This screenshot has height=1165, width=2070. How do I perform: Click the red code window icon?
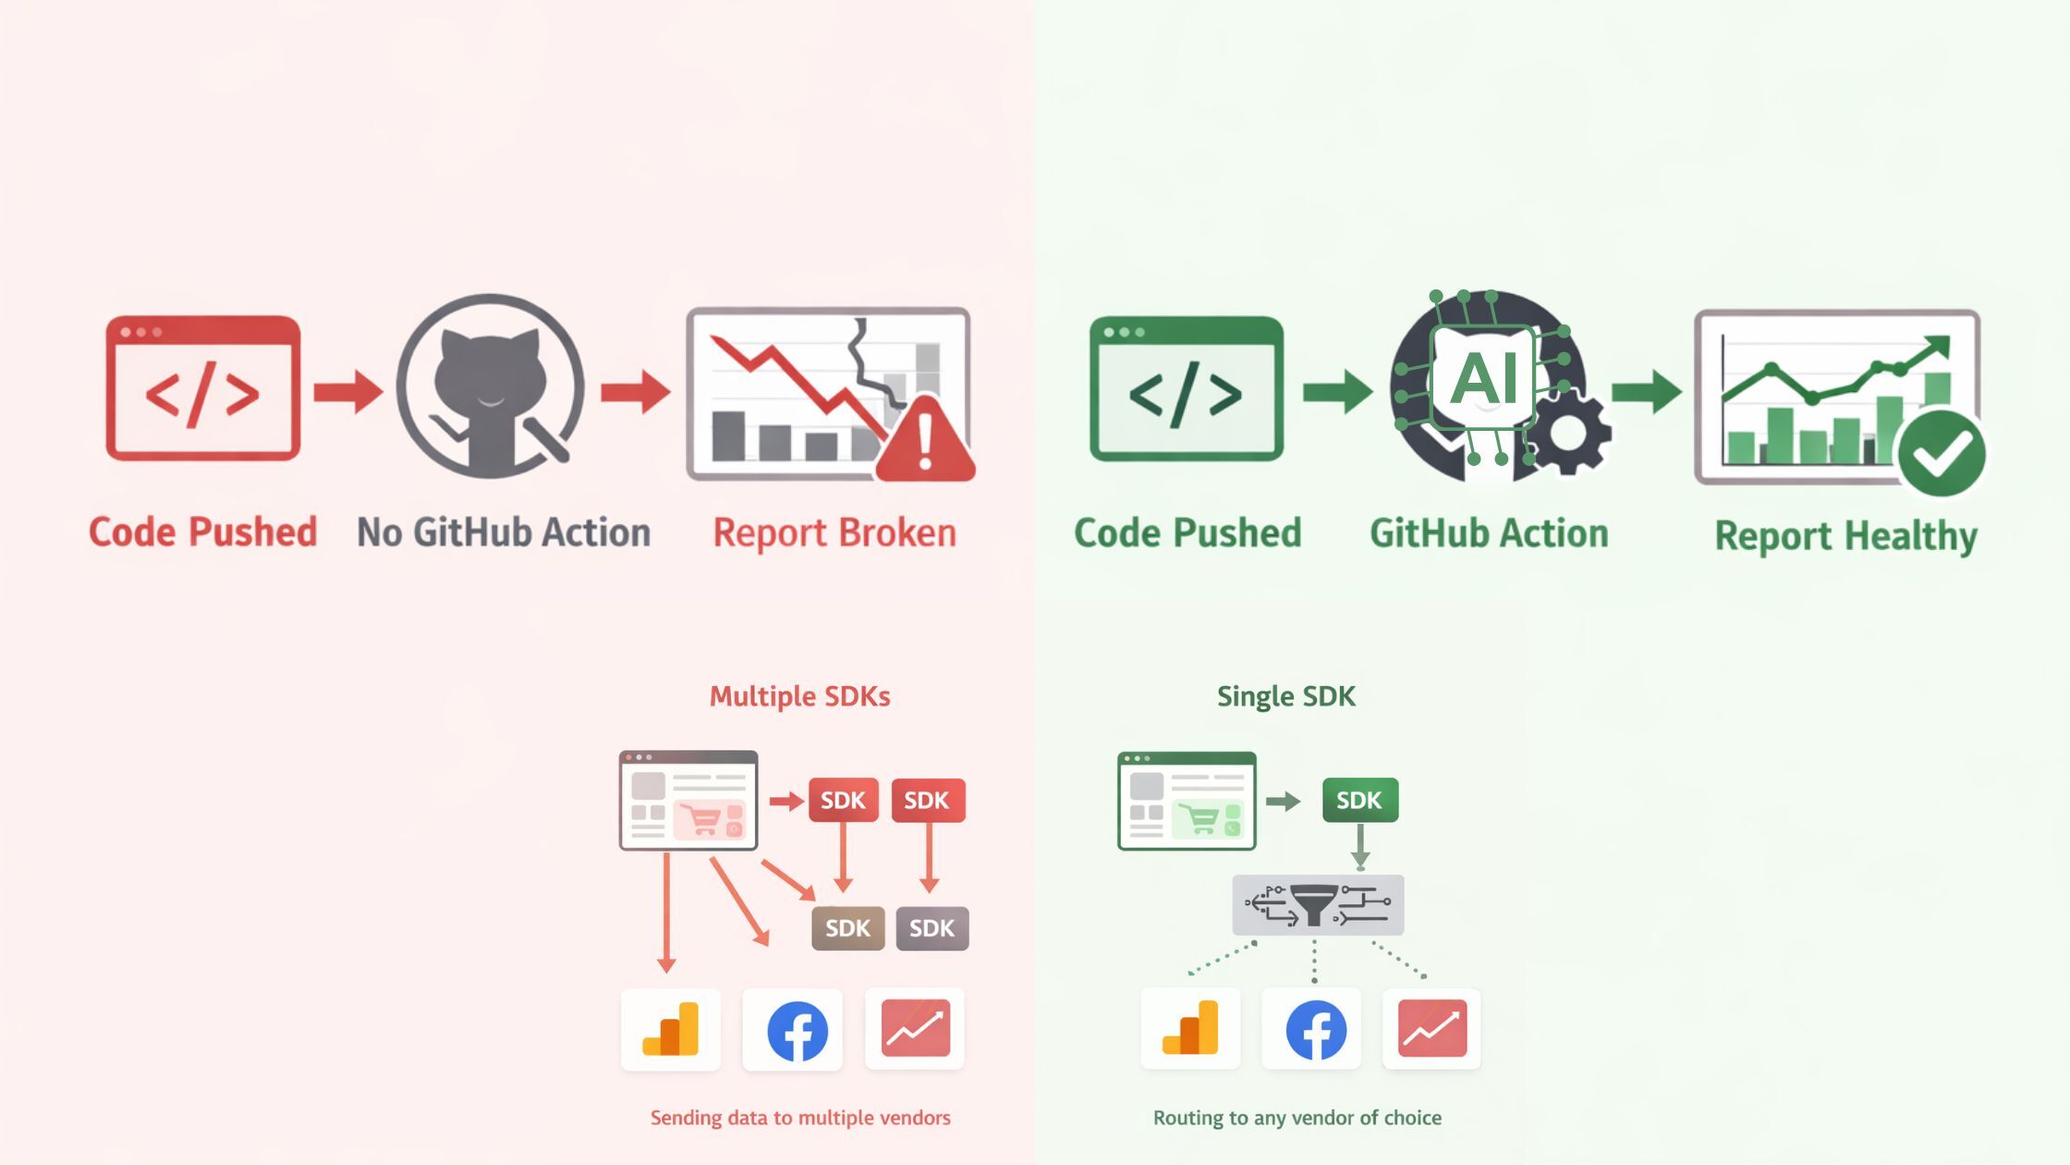pos(202,388)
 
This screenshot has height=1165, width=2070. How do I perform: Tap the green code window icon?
pos(1187,388)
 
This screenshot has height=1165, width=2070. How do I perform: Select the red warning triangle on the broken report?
pos(925,441)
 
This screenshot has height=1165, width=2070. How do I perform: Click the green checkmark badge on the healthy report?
pos(1942,454)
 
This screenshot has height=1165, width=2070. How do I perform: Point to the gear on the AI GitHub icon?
pos(1568,432)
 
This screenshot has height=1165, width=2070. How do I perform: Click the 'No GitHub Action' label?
pos(504,533)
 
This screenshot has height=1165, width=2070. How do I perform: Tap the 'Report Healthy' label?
pos(1845,536)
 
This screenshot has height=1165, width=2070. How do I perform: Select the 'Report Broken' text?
pos(834,533)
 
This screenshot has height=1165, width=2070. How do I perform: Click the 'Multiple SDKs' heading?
pos(799,696)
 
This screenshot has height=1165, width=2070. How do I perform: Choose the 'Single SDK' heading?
pos(1285,696)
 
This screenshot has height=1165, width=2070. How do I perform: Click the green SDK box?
pos(1359,800)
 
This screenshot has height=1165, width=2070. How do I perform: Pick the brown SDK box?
pos(847,928)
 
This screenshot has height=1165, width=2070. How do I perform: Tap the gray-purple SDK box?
pos(931,928)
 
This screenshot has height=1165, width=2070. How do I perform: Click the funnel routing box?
pos(1318,904)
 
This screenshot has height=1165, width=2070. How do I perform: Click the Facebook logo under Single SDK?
pos(1315,1029)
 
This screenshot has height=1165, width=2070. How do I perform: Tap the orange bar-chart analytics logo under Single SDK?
pos(1190,1029)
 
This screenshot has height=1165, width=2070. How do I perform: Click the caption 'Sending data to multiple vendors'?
pos(800,1118)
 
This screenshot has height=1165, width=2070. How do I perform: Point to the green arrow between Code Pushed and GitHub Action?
pos(1337,391)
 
